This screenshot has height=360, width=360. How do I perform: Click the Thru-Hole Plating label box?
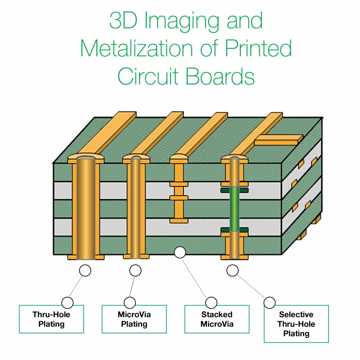point(51,319)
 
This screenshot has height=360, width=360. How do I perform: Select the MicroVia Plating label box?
point(134,319)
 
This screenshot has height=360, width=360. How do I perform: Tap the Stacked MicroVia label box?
point(217,319)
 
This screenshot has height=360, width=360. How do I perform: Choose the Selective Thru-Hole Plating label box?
point(296,324)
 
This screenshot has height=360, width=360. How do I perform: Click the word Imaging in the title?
point(182,21)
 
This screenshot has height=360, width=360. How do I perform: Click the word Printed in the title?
point(258,48)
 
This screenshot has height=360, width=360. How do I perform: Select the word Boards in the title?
point(220,76)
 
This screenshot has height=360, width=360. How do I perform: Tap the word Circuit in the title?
point(148,76)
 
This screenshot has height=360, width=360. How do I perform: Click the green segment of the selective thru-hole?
point(234,209)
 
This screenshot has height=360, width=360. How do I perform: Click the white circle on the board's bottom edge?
point(180,252)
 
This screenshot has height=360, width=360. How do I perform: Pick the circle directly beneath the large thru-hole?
point(85,270)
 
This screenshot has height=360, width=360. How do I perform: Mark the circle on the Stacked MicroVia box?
point(211,302)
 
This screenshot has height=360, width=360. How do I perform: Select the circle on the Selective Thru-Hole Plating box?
point(270,302)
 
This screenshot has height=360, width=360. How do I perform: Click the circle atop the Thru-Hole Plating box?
point(67,302)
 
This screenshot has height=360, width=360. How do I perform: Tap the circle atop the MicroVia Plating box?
point(130,302)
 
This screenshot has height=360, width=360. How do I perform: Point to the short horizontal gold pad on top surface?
point(279,140)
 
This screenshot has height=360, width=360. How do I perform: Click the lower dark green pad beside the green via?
point(234,230)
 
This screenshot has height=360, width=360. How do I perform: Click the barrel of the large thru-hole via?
point(86,208)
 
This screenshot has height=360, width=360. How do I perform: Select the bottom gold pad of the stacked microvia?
point(179,221)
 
